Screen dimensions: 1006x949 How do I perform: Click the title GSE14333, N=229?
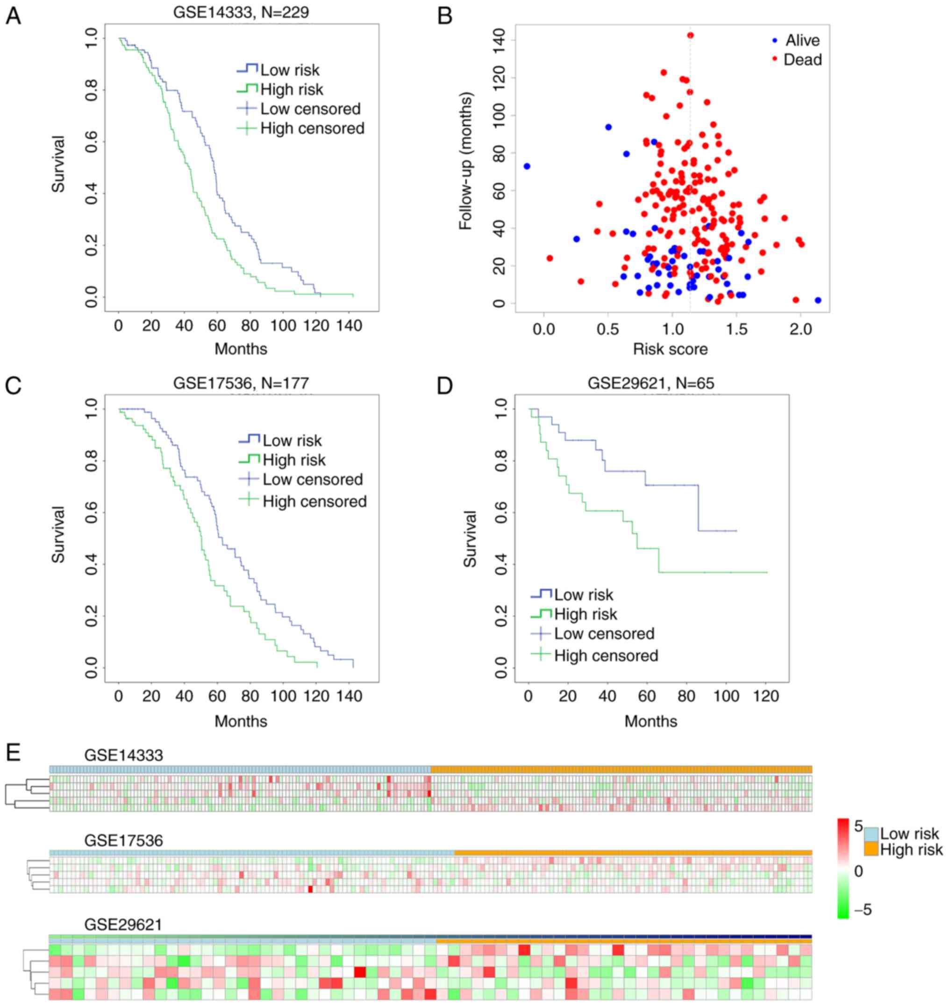(241, 12)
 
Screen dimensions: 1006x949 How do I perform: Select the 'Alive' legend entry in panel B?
(802, 41)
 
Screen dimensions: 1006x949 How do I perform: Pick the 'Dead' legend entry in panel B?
(802, 60)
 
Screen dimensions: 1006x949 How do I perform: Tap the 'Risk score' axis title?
(670, 349)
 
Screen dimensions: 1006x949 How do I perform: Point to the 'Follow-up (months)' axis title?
(465, 160)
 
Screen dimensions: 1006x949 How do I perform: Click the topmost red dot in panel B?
(691, 35)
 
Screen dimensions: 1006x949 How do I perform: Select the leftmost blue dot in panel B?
(527, 166)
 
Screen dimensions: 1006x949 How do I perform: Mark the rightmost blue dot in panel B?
(818, 300)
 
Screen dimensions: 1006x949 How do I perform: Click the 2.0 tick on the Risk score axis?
(800, 330)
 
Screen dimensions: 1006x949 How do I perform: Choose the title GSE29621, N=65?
(650, 383)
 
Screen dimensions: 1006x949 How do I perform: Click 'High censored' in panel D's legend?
(606, 655)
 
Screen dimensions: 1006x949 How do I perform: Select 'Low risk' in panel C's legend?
(292, 440)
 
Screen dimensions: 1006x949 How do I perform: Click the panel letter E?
(13, 753)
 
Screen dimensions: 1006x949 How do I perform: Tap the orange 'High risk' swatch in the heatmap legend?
(871, 848)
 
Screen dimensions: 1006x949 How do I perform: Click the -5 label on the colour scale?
(863, 910)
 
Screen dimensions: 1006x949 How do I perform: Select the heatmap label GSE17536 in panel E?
(123, 840)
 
